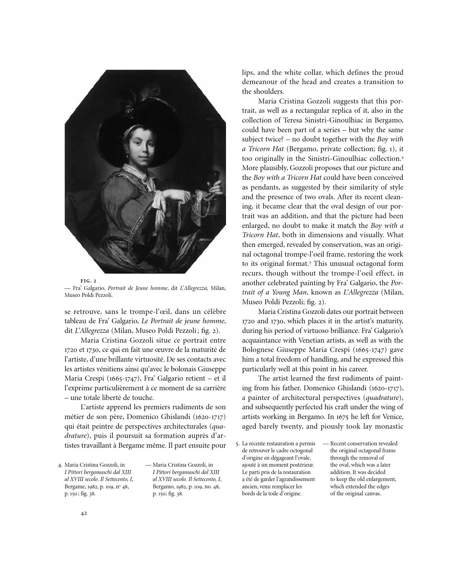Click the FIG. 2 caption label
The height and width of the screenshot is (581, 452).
coord(88,280)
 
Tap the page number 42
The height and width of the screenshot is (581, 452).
coord(84,513)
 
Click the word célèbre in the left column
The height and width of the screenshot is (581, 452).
coord(212,312)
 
